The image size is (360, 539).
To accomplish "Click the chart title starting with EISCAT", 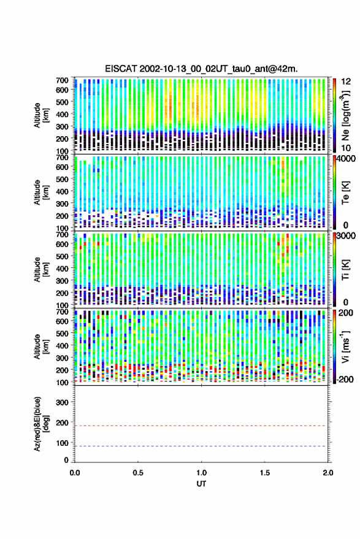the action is click(201, 69).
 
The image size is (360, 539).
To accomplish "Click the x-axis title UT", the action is click(201, 484).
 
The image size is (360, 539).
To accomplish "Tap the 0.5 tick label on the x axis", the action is click(138, 473).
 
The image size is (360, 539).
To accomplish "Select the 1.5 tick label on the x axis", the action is click(265, 473).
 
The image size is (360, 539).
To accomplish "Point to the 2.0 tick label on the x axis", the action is click(328, 473).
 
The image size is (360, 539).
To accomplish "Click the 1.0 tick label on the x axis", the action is click(202, 473).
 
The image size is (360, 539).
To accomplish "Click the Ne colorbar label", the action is click(345, 115).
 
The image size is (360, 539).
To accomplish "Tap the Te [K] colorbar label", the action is click(345, 193).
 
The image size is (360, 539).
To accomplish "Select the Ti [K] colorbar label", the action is click(345, 270).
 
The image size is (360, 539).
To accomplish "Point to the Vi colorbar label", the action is click(345, 346).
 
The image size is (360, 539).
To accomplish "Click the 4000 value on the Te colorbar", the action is click(347, 159).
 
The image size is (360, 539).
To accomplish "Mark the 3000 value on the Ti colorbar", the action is click(347, 236).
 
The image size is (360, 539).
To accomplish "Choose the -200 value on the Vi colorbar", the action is click(344, 380).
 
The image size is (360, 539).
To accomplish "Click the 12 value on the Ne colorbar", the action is click(346, 82).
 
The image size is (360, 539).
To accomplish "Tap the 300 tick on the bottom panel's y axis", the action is click(62, 402).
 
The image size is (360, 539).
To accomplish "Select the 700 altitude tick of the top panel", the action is click(62, 80).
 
